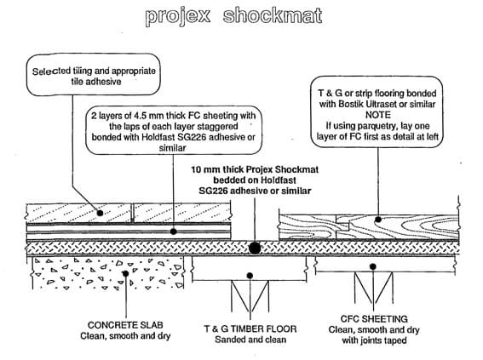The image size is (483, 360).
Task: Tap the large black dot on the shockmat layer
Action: pyautogui.click(x=254, y=248)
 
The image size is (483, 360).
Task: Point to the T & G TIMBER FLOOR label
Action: pyautogui.click(x=252, y=329)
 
